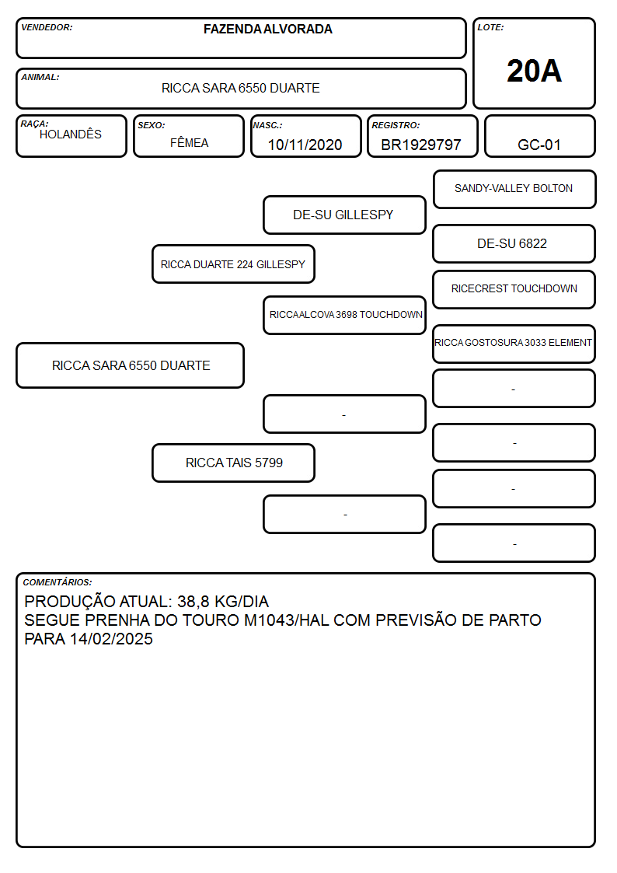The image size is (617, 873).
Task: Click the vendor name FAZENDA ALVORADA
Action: tap(267, 29)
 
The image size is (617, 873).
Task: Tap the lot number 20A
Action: tap(534, 71)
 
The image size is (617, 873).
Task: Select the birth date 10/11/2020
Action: tap(305, 145)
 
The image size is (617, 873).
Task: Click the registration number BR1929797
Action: tap(421, 145)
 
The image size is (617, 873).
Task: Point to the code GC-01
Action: tap(539, 145)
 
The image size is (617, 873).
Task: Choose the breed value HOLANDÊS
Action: tap(71, 134)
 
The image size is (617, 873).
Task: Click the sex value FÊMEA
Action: tap(189, 143)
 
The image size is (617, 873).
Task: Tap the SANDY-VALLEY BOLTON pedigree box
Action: tap(514, 190)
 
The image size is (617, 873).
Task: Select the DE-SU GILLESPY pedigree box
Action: tap(344, 215)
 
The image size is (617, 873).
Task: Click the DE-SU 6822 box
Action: tap(514, 243)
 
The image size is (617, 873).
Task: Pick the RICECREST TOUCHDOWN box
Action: tap(514, 289)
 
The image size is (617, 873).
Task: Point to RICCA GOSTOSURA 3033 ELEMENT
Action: tap(514, 343)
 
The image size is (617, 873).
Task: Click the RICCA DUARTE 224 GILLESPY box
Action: tap(233, 264)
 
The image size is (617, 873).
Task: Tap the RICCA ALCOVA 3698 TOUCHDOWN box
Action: tap(344, 315)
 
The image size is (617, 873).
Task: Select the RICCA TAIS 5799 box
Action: tap(233, 463)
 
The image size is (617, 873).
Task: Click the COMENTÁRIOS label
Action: tap(58, 582)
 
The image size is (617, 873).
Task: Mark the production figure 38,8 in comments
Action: tap(193, 602)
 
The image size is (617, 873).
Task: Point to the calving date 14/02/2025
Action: tap(111, 638)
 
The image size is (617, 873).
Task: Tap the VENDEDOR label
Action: tap(47, 27)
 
